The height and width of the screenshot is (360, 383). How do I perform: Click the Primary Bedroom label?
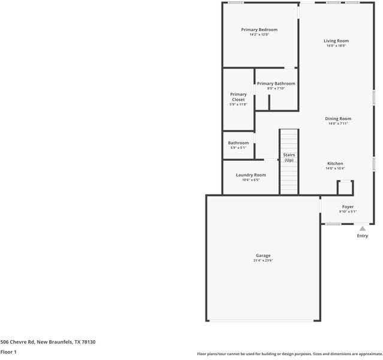[x=259, y=29]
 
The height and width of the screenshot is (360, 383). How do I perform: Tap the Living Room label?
[x=337, y=41]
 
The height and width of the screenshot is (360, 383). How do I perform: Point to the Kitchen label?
[x=334, y=164]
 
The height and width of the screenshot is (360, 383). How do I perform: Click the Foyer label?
[x=348, y=206]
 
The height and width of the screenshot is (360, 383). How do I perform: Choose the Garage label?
[x=263, y=256]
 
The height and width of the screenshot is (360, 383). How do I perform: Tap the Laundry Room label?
[x=251, y=175]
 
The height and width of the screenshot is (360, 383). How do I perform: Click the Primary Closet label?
[x=238, y=97]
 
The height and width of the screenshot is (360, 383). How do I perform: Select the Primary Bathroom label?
[x=276, y=83]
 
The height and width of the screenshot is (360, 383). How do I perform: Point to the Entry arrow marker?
[x=362, y=228]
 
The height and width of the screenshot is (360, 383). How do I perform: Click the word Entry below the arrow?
[x=362, y=236]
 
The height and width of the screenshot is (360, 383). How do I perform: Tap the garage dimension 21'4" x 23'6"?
[x=263, y=260]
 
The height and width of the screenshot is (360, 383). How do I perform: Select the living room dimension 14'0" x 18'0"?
[x=337, y=46]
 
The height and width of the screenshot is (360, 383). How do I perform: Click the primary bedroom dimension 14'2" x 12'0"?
[x=259, y=34]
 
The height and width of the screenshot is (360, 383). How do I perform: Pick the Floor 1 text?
[x=8, y=352]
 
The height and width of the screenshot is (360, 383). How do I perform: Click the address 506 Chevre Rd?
[x=18, y=341]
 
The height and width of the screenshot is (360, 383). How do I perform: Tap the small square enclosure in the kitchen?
[x=345, y=188]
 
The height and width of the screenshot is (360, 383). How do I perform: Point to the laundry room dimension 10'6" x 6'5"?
[x=251, y=179]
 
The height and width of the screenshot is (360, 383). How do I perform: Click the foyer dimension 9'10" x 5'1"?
[x=348, y=211]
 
